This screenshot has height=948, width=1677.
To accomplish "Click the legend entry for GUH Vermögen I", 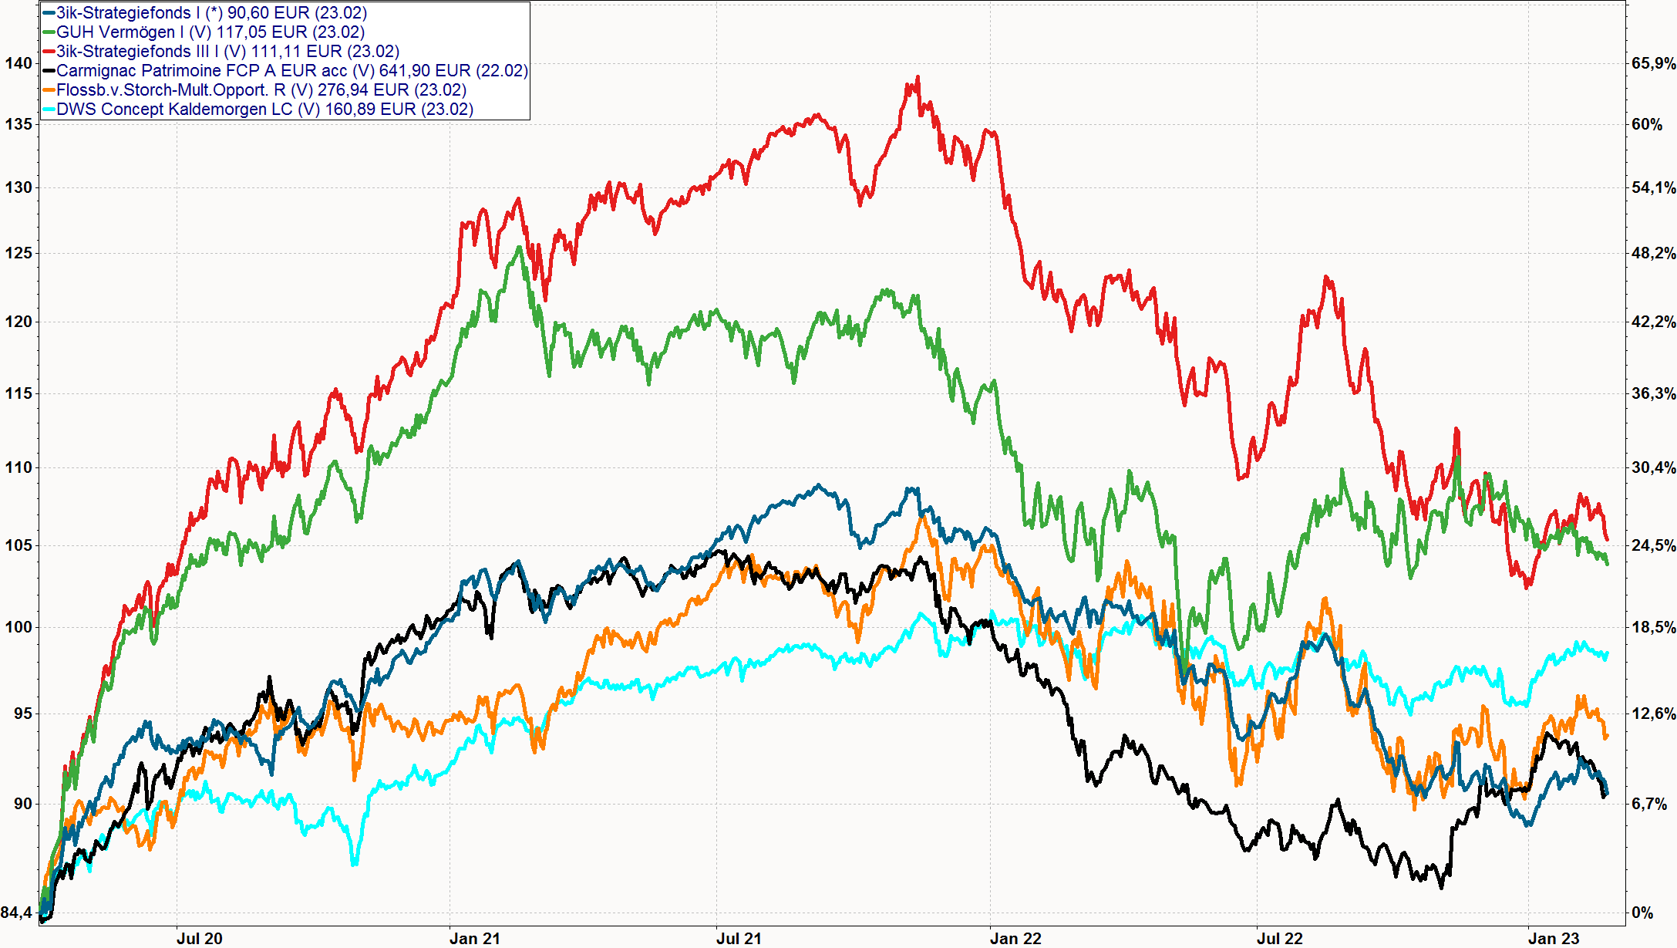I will (210, 32).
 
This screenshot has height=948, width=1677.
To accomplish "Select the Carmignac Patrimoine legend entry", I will (291, 71).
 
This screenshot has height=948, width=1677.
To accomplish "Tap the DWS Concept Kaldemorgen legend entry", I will (264, 110).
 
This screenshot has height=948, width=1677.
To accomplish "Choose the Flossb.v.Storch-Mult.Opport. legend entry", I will (261, 90).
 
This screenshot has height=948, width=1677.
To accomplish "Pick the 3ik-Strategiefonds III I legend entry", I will (227, 52).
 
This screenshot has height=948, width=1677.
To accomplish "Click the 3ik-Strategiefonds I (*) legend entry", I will (211, 13).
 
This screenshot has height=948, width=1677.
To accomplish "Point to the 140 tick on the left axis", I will (19, 63).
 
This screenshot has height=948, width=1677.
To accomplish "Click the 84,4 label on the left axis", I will (16, 913).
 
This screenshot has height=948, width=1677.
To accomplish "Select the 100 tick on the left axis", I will (19, 627).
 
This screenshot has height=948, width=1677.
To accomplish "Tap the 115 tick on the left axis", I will (19, 393).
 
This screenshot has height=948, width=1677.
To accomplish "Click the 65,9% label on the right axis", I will (1653, 63).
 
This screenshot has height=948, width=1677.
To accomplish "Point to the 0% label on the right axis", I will (1642, 913).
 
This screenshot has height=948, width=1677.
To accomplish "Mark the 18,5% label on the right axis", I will (1653, 627).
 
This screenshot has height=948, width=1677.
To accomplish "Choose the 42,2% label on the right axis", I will (1653, 322).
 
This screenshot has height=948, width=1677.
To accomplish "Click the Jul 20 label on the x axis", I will (199, 938).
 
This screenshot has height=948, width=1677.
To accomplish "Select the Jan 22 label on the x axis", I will (1015, 938).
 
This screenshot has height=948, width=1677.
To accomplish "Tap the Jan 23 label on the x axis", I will (1554, 938).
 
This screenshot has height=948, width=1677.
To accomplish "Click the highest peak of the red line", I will (918, 77).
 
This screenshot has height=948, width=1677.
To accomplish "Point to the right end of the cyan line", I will (1607, 653).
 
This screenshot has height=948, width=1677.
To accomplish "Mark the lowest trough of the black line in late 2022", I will (1441, 887).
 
